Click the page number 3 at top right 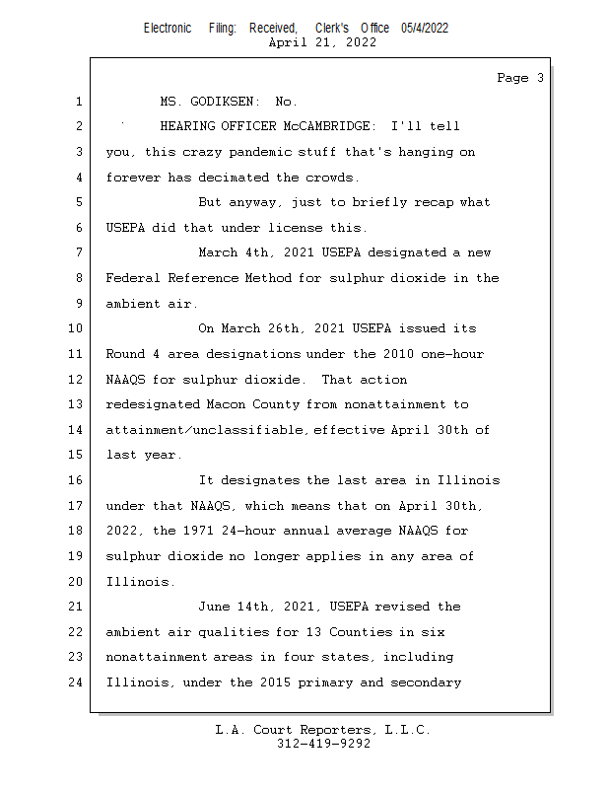click(540, 78)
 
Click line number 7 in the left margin click(78, 252)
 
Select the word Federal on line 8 click(133, 278)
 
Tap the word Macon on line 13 click(225, 404)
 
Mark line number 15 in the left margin click(76, 455)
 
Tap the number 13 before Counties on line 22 click(321, 631)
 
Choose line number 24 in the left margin click(76, 681)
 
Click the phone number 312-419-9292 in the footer click(323, 744)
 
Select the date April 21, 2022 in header click(321, 42)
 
